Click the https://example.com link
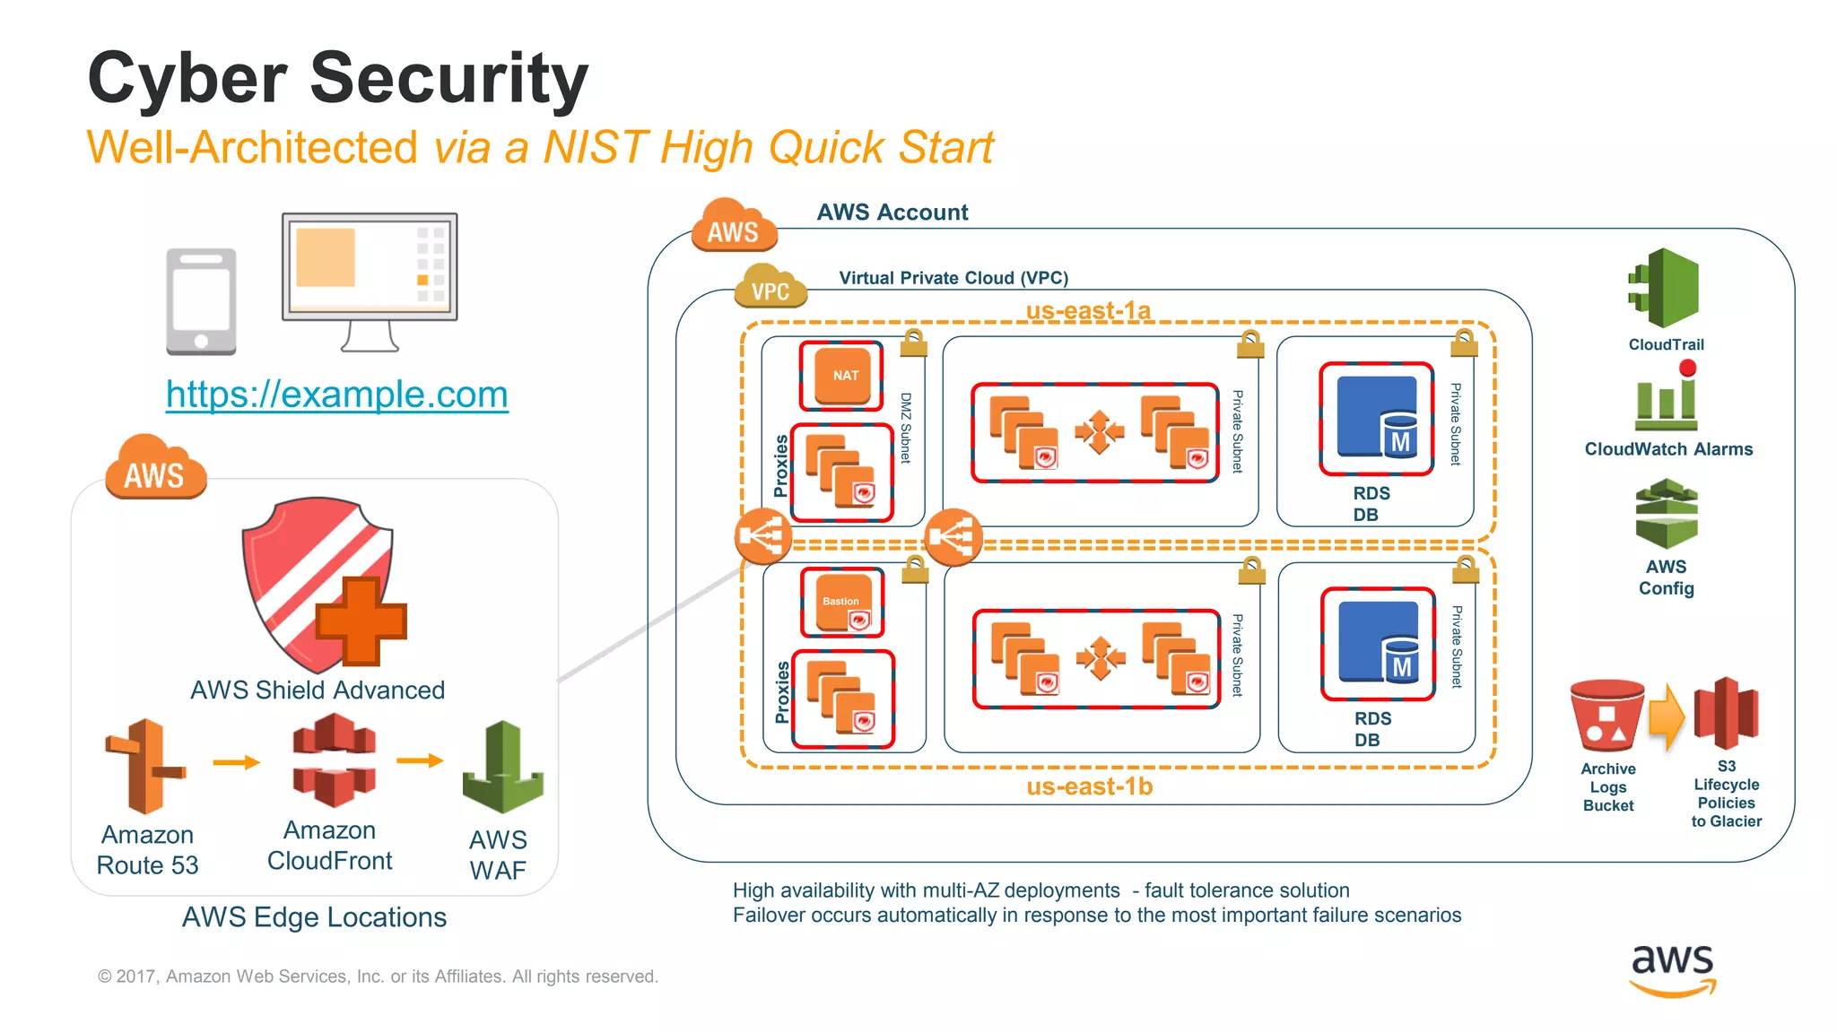(x=336, y=395)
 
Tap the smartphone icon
(x=201, y=301)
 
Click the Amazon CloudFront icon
(x=333, y=760)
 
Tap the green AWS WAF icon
(x=502, y=767)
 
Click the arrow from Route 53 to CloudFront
(x=236, y=762)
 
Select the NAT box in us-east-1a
(x=841, y=376)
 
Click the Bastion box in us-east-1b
(x=842, y=602)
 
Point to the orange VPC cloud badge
(x=770, y=288)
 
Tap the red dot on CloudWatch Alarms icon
(x=1687, y=368)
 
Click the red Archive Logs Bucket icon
(x=1606, y=716)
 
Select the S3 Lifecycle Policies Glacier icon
(x=1726, y=714)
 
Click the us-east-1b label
(x=1089, y=786)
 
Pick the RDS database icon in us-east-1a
(x=1377, y=418)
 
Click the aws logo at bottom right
(x=1672, y=968)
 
